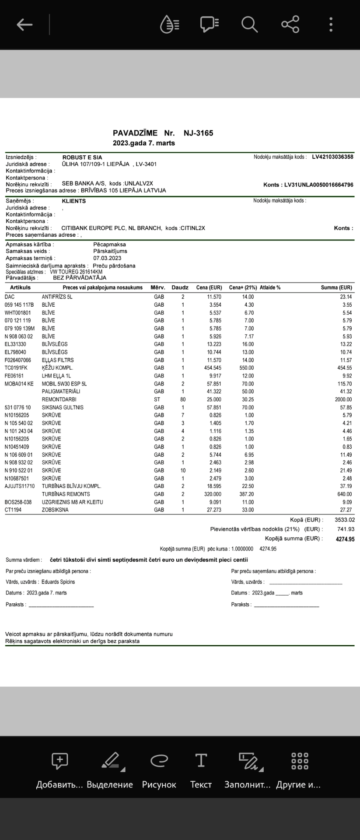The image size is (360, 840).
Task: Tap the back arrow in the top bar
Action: click(x=24, y=24)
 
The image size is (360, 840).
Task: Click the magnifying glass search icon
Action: click(x=249, y=24)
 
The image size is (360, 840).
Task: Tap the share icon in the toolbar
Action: click(x=290, y=24)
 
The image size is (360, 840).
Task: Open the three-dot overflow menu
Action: click(x=331, y=24)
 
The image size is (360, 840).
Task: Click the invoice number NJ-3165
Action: click(x=198, y=133)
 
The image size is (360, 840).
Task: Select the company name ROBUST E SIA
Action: click(x=82, y=157)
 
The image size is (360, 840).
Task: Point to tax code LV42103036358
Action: click(x=332, y=157)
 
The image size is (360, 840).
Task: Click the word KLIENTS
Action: click(x=74, y=201)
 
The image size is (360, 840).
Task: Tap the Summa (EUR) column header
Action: click(x=336, y=287)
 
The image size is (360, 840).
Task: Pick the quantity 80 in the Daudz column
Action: click(x=183, y=399)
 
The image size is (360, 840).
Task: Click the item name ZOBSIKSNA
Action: click(x=55, y=510)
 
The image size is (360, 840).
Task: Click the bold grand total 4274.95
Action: click(x=345, y=539)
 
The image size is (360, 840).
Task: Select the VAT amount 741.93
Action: click(x=346, y=529)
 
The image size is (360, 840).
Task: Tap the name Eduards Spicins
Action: click(x=58, y=582)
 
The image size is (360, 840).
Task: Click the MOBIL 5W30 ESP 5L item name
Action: click(x=64, y=384)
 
